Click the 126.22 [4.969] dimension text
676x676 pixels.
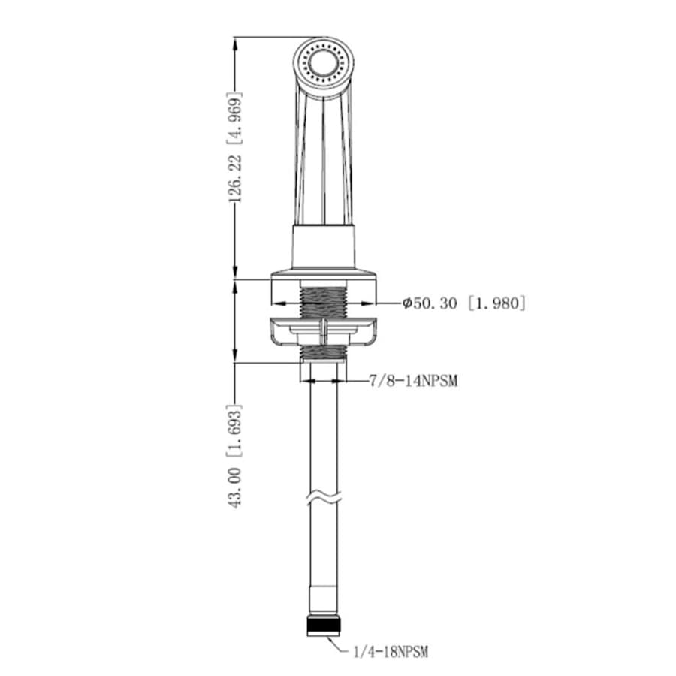coord(235,147)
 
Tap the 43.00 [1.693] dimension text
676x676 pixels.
coord(235,456)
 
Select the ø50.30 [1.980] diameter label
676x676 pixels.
coord(464,303)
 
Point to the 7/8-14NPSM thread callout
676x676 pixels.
coord(413,381)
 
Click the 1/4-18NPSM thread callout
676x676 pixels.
coord(391,651)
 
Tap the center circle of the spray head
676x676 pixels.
coord(323,64)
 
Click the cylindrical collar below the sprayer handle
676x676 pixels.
coord(324,246)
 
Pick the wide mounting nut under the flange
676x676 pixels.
coord(324,331)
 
